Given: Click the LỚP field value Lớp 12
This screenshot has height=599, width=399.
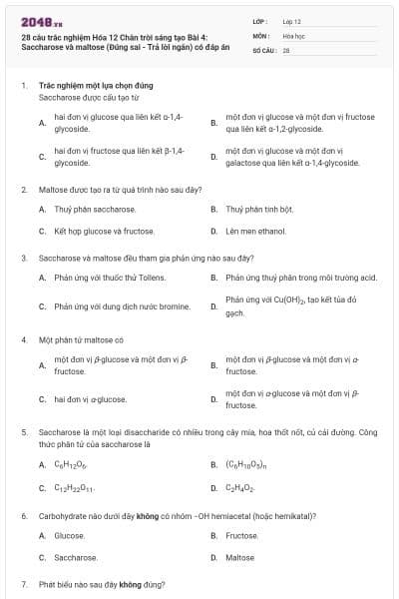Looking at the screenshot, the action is pyautogui.click(x=291, y=20).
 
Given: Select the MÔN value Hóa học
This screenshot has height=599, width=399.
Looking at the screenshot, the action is pyautogui.click(x=293, y=35).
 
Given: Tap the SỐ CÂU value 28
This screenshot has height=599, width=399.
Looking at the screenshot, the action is pyautogui.click(x=286, y=49).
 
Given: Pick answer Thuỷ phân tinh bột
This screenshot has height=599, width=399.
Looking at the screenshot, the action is pyautogui.click(x=259, y=210).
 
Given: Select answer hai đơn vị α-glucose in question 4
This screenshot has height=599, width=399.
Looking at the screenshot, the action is pyautogui.click(x=90, y=399).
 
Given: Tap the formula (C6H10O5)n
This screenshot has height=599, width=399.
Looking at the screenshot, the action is pyautogui.click(x=245, y=464).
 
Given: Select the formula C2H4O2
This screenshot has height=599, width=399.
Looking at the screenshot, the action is pyautogui.click(x=240, y=488).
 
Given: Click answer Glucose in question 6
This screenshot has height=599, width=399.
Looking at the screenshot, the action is pyautogui.click(x=69, y=535).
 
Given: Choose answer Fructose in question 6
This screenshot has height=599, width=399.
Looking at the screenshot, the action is pyautogui.click(x=242, y=535).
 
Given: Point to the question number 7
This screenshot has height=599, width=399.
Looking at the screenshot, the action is pyautogui.click(x=23, y=583).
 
